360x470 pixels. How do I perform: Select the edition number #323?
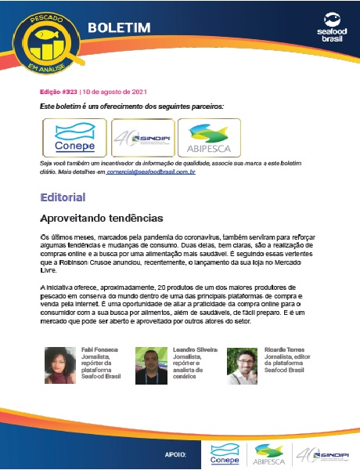tap(61, 92)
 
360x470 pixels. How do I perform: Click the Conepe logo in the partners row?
tap(74, 138)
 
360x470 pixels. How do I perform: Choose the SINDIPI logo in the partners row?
tap(142, 138)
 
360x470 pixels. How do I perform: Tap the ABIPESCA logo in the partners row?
tap(210, 138)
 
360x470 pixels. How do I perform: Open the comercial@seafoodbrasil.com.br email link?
tap(153, 170)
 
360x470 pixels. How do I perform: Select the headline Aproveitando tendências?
tap(101, 216)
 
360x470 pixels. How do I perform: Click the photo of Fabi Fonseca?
tap(60, 363)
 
